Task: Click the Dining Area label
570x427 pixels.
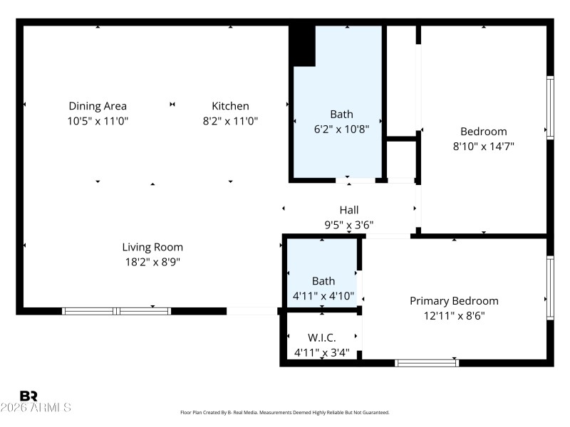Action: pos(98,106)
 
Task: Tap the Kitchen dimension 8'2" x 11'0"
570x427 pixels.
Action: pos(230,121)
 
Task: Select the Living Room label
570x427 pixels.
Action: pos(152,247)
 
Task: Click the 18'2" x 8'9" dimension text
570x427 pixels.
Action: pos(152,262)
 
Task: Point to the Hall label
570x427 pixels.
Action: pos(349,210)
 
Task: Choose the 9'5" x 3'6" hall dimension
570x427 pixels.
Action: pos(349,225)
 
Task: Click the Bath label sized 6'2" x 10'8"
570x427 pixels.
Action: pos(341,114)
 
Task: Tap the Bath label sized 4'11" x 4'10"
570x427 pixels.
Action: pos(323,281)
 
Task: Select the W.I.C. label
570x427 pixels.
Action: pos(322,337)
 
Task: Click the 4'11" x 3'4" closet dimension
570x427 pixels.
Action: pos(322,352)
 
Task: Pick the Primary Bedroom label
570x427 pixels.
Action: pos(454,300)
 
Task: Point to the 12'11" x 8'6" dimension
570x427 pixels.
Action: pos(454,315)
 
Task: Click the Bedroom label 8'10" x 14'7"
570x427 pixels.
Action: pos(484,131)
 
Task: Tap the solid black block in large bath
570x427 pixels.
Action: pos(303,45)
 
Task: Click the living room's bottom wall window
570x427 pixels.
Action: pos(116,311)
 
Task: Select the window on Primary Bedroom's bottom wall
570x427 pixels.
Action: pos(427,363)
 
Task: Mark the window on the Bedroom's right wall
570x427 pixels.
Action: pos(550,107)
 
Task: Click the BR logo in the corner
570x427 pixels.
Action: pos(29,396)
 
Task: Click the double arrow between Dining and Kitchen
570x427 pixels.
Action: pos(172,105)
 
